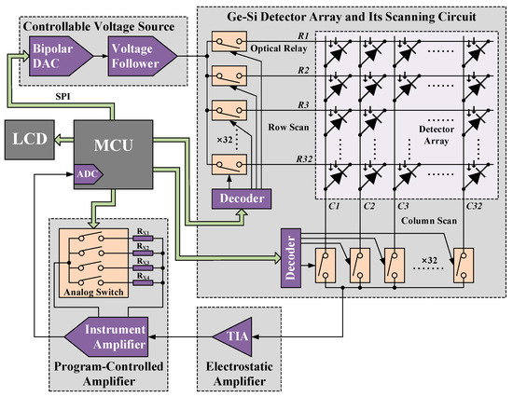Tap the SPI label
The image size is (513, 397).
pos(66,97)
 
